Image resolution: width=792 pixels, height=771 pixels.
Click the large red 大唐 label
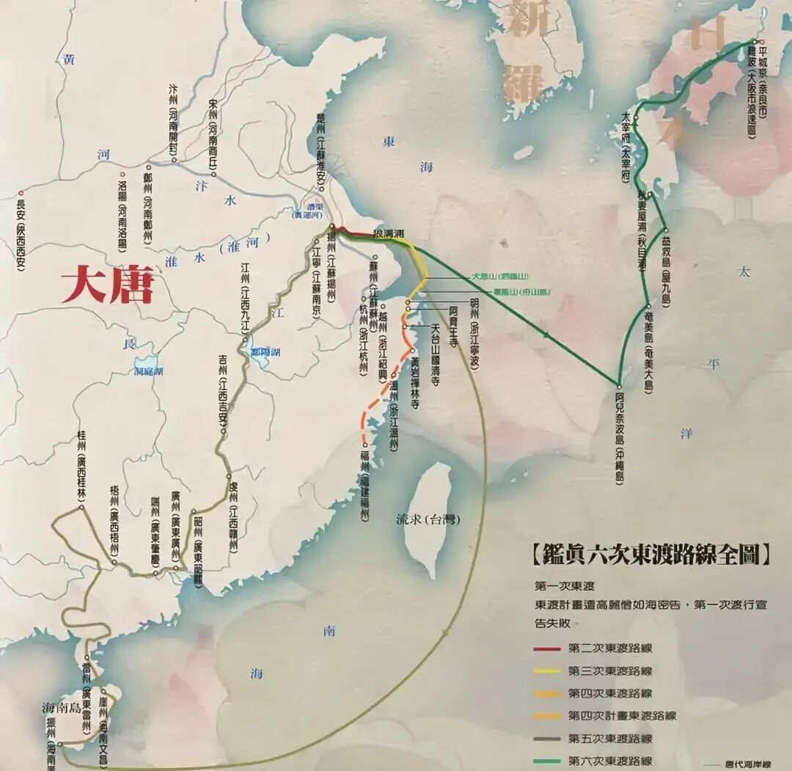coord(107,285)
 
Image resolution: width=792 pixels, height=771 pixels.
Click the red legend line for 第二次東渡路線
coord(549,648)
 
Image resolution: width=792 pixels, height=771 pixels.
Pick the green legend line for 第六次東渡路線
coord(549,761)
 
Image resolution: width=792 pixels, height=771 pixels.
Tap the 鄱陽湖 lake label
coord(265,353)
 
